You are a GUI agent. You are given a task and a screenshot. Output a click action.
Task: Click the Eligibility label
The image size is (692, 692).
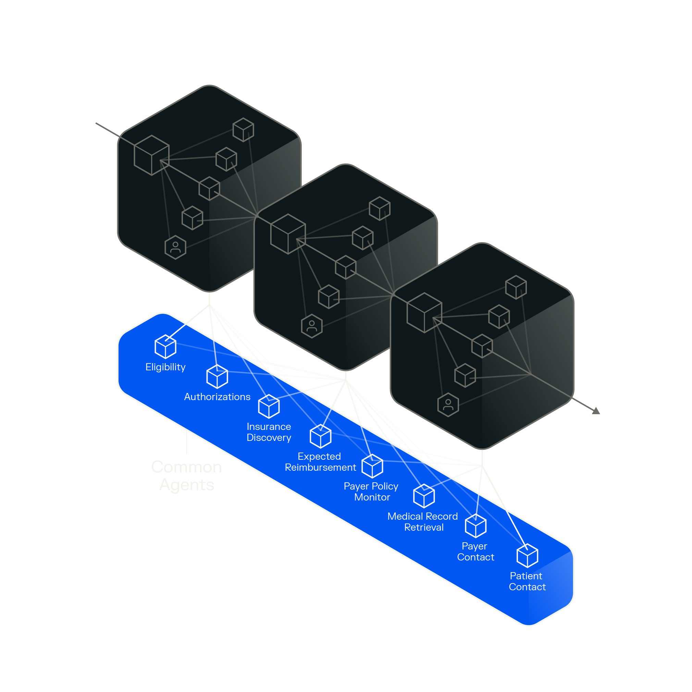click(165, 367)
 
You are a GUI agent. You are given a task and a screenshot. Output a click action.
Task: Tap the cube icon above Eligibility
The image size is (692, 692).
click(165, 347)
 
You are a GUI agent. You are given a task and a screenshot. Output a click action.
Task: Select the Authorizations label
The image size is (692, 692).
click(217, 397)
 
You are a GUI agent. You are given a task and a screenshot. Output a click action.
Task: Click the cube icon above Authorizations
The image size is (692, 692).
click(217, 376)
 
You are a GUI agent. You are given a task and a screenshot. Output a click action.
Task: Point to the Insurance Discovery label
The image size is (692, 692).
click(269, 432)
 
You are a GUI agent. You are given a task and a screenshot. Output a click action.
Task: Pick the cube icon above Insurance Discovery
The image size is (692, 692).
click(269, 407)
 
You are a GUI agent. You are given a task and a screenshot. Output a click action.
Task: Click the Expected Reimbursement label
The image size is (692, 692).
click(320, 462)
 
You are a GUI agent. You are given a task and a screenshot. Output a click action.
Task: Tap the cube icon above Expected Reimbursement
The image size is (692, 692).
click(321, 436)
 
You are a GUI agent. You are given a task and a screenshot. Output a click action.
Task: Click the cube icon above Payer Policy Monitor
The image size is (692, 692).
click(372, 466)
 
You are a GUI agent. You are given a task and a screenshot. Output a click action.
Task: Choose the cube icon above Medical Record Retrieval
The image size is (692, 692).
click(424, 496)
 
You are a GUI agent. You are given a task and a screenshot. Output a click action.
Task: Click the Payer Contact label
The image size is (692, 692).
click(475, 552)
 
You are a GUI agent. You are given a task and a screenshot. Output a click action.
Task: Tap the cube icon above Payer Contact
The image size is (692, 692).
click(475, 526)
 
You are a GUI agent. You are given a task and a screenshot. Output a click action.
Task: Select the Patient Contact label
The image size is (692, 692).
click(527, 581)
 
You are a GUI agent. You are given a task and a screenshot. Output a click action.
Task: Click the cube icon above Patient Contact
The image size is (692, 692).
click(527, 556)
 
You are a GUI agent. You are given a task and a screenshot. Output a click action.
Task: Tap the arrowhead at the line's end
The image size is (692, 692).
click(596, 411)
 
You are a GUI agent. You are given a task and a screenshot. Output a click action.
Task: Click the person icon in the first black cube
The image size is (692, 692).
click(175, 247)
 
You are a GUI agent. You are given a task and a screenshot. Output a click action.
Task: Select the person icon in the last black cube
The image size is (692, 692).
click(448, 405)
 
